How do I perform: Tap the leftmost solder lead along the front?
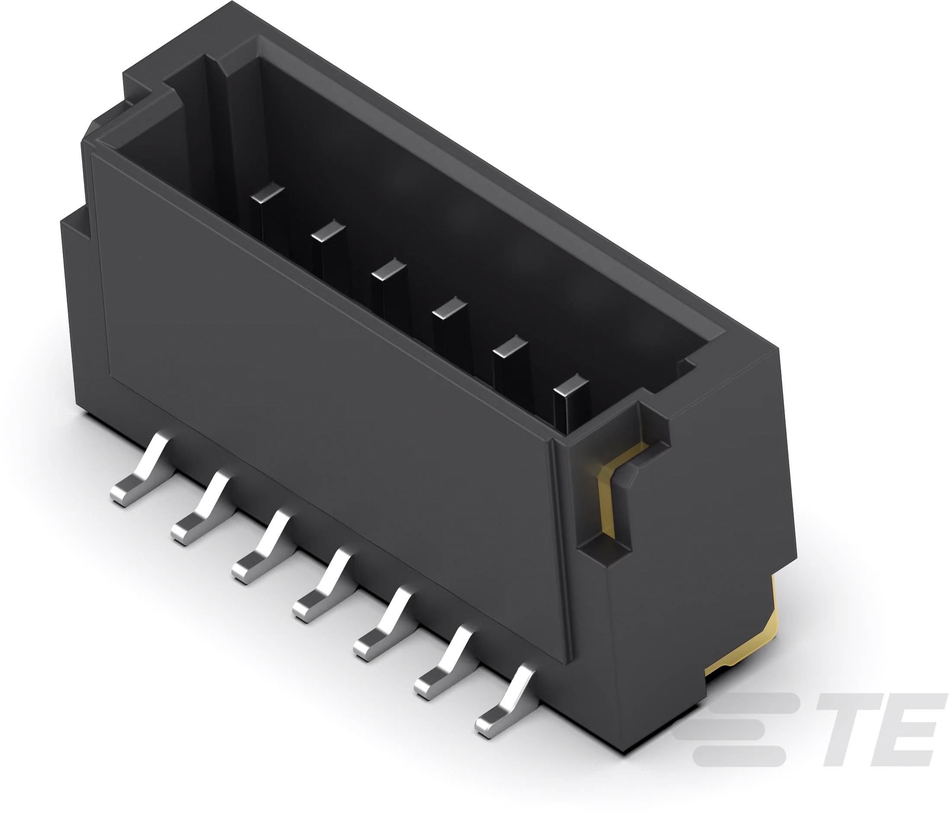coord(140,470)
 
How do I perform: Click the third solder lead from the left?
coord(262,547)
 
